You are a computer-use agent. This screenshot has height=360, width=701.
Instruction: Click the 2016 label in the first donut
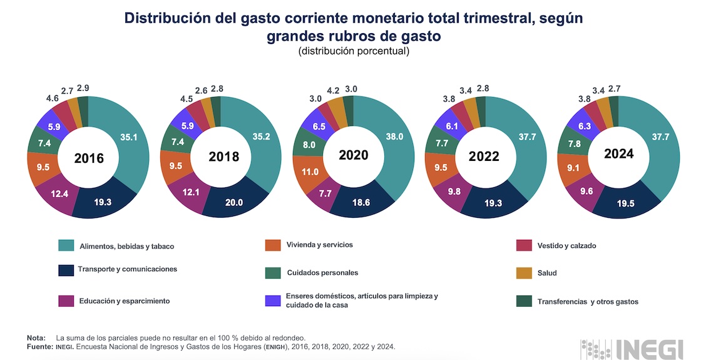pyautogui.click(x=88, y=158)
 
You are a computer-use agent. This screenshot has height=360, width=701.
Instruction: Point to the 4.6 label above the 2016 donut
pyautogui.click(x=53, y=98)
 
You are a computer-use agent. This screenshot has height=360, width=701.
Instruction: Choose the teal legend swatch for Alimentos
pyautogui.click(x=66, y=245)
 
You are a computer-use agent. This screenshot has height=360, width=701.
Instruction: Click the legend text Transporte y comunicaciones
pyautogui.click(x=127, y=269)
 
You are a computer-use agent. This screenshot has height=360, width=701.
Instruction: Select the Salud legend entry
pyautogui.click(x=546, y=273)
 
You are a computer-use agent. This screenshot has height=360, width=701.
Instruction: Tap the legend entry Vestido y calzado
pyautogui.click(x=566, y=245)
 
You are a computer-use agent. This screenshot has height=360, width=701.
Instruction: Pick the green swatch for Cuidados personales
pyautogui.click(x=273, y=273)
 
